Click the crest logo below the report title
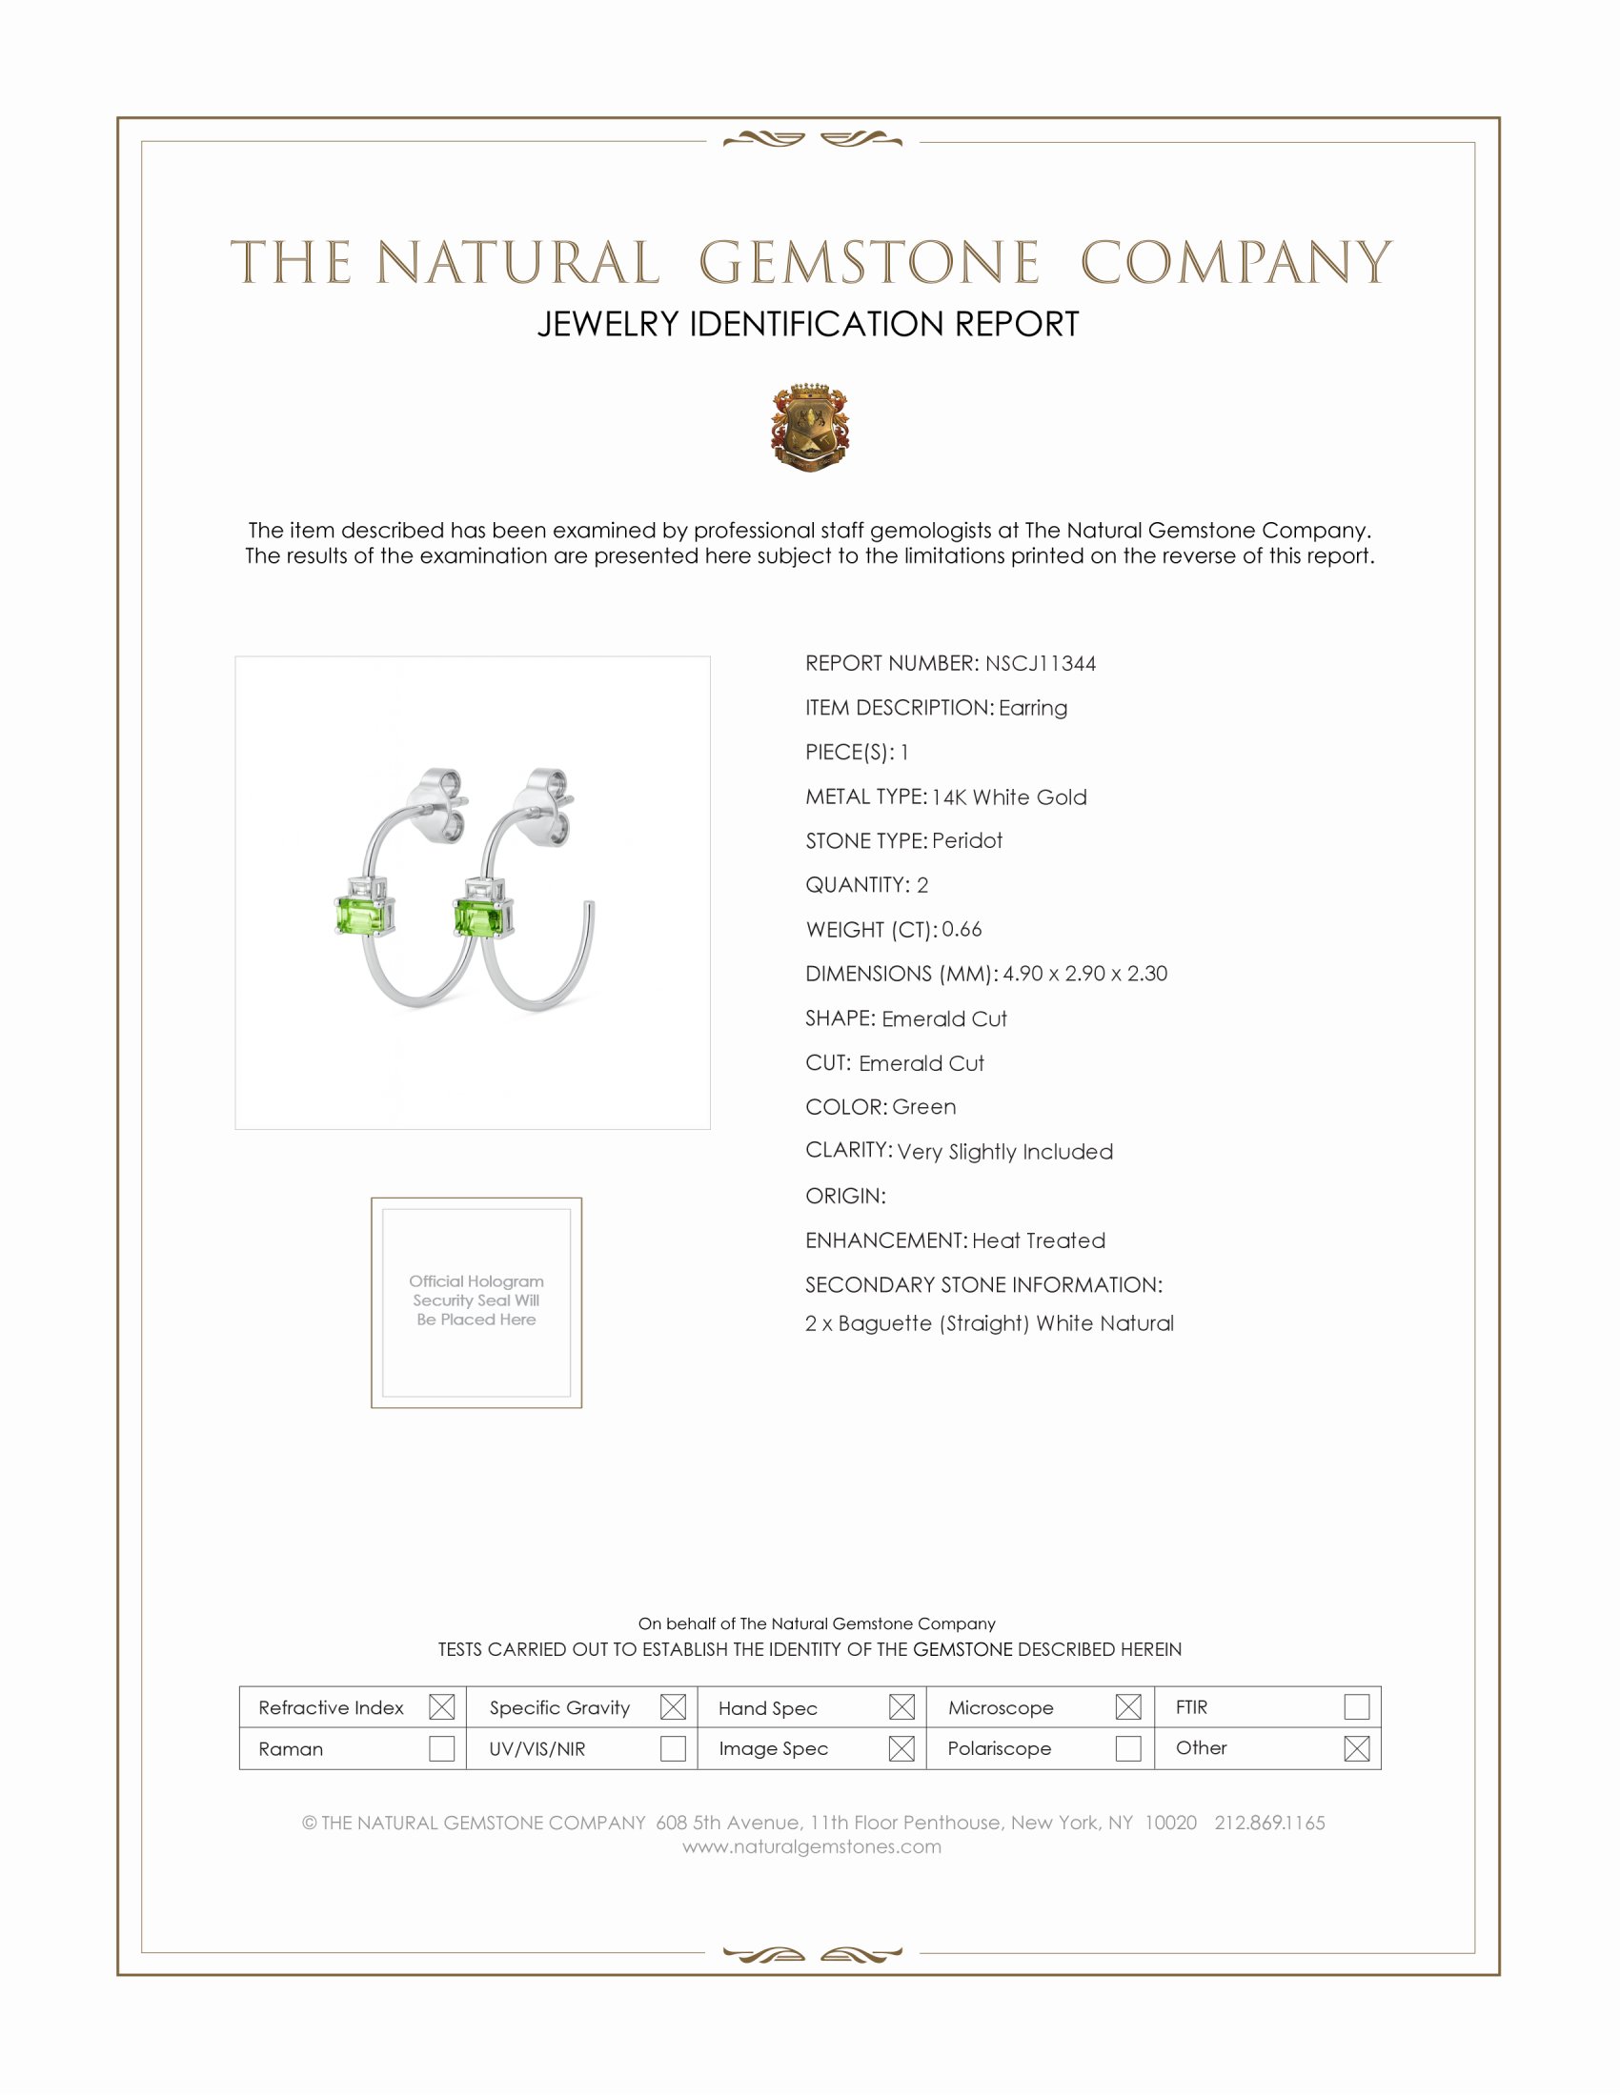809,427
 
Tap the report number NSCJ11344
1041,663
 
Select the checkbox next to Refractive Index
441,1706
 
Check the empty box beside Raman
441,1747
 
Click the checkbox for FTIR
1356,1706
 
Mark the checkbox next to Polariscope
1128,1747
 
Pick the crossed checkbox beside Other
1356,1747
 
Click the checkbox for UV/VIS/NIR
673,1747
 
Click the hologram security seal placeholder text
476,1300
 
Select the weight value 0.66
962,929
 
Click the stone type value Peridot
967,840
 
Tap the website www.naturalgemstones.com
812,1846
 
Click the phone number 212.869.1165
1269,1823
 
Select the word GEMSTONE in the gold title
869,263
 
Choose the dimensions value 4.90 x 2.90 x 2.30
1085,973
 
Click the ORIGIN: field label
845,1196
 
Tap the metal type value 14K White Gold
1009,796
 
